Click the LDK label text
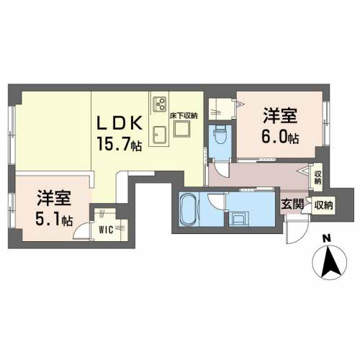122,122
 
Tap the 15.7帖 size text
122,143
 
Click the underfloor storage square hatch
182,130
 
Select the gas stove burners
159,102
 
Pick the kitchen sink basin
159,135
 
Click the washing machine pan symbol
240,217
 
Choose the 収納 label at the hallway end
318,176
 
